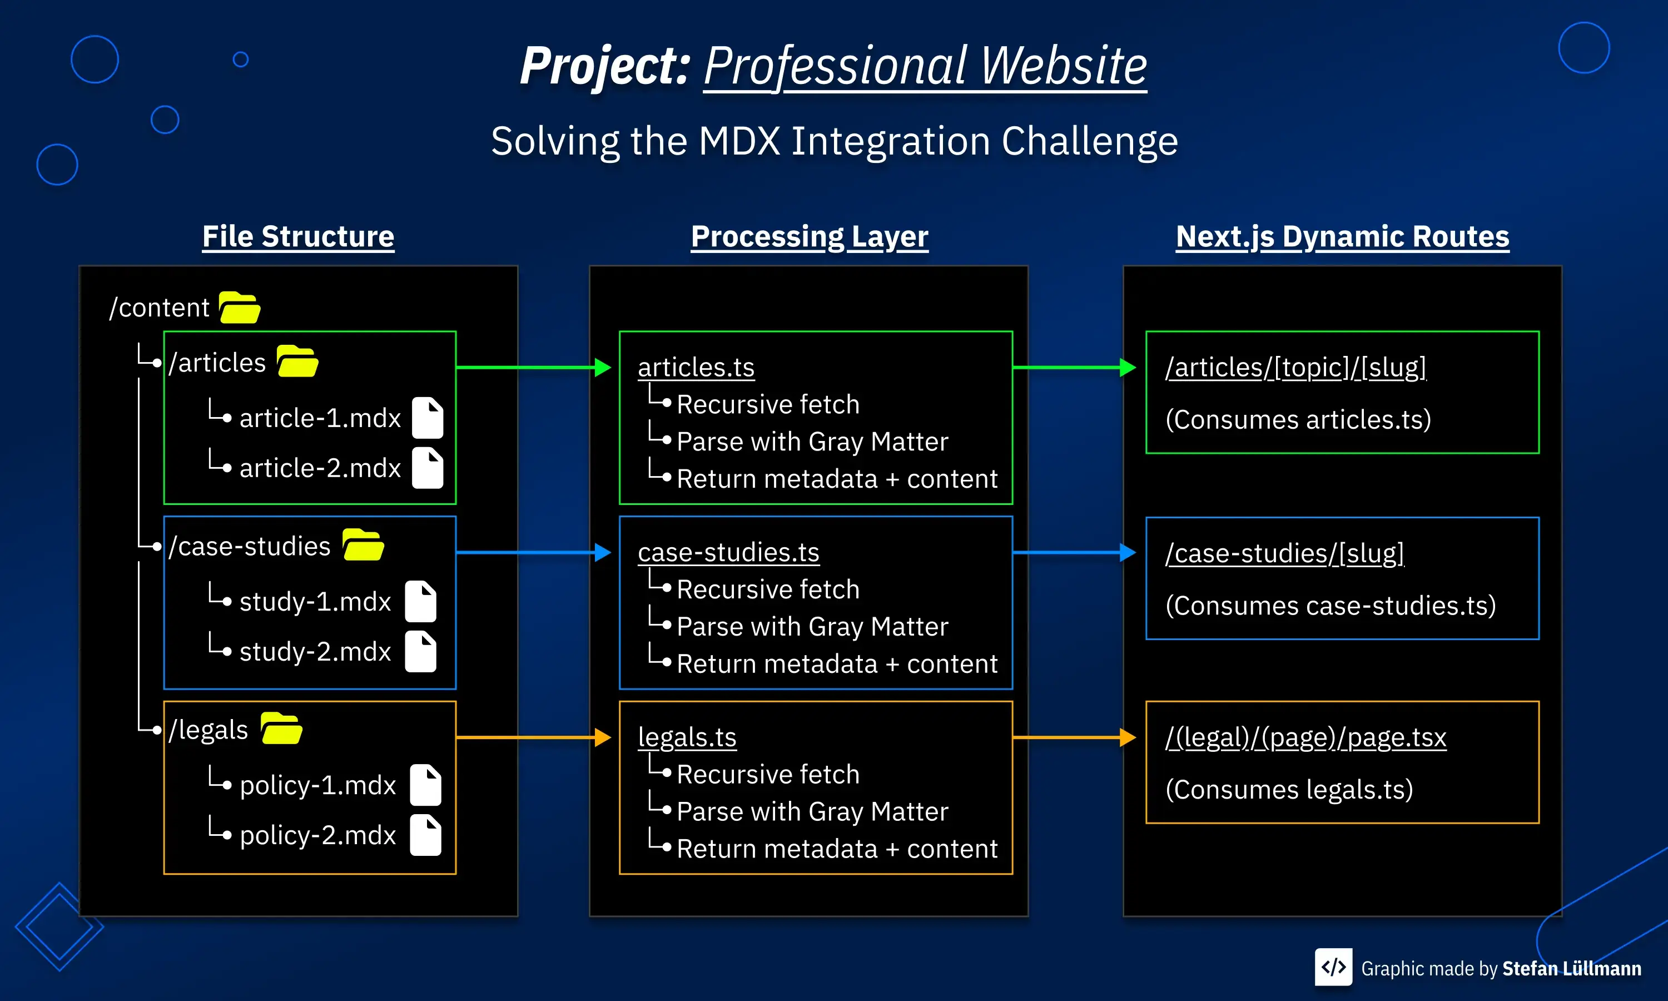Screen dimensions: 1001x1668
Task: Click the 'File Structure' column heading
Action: (x=298, y=237)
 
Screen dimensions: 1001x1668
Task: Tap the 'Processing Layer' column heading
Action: (x=809, y=237)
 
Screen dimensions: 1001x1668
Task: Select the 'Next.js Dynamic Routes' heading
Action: (x=1342, y=237)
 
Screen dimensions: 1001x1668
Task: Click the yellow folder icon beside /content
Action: (x=239, y=308)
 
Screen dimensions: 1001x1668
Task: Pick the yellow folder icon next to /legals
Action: (x=281, y=729)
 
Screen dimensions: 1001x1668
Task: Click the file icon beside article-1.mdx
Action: (x=428, y=418)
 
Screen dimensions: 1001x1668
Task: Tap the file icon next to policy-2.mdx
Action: (x=425, y=835)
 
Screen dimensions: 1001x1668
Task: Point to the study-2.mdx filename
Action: (x=315, y=652)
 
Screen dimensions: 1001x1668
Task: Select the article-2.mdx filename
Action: (x=320, y=468)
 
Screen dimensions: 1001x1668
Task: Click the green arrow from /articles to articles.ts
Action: (x=533, y=368)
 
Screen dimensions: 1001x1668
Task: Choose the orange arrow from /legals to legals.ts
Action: (x=533, y=737)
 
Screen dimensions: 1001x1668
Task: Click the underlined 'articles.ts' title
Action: (x=696, y=368)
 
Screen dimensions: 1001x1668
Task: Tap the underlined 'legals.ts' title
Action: (x=687, y=737)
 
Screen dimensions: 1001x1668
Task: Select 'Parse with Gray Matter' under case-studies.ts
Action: (x=812, y=627)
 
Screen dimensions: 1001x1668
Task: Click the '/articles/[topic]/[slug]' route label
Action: (x=1295, y=368)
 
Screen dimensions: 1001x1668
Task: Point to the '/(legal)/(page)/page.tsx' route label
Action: (x=1305, y=737)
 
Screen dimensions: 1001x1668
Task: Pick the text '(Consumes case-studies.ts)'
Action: (x=1330, y=605)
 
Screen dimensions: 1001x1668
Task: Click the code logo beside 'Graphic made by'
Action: (x=1333, y=967)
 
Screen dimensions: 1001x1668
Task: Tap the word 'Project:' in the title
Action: (x=604, y=66)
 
